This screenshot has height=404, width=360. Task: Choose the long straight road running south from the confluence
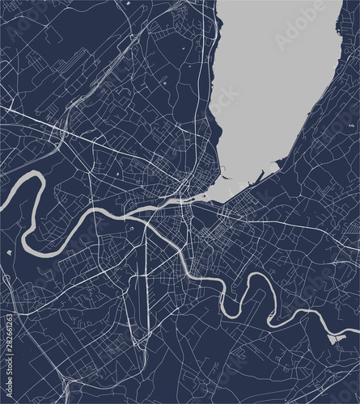(x=146, y=259)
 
